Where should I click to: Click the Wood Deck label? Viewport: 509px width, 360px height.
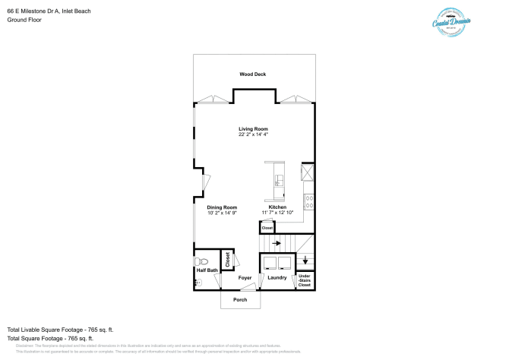click(x=253, y=74)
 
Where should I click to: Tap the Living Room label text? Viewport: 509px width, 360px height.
click(x=253, y=129)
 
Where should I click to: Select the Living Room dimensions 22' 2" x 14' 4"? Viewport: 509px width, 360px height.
click(x=253, y=134)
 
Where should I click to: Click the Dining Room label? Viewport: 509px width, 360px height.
click(x=222, y=207)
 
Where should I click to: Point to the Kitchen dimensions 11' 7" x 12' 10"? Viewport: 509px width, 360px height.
click(x=277, y=213)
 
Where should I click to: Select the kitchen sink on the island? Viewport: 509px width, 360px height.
click(x=279, y=181)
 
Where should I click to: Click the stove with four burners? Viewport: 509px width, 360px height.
click(x=309, y=202)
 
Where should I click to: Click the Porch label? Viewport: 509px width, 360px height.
click(x=239, y=300)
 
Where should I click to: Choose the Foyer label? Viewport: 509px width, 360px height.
click(x=245, y=278)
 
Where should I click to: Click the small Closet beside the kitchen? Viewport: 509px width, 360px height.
click(x=267, y=228)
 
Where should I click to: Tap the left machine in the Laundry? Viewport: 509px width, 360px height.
click(x=269, y=263)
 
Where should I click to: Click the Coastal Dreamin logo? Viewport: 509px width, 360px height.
click(x=454, y=21)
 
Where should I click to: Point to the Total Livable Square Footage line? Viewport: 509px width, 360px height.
click(x=60, y=329)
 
